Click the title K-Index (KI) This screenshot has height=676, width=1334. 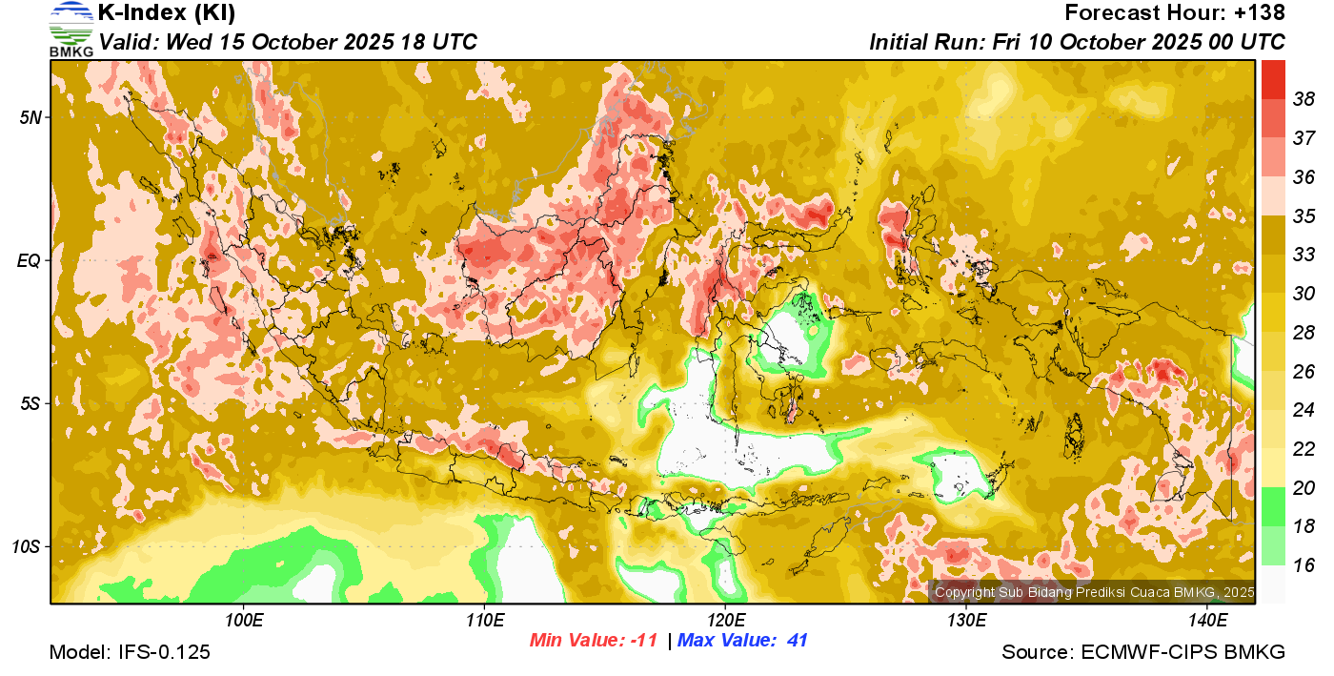[x=167, y=13]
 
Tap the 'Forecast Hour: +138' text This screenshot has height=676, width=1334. [x=1175, y=13]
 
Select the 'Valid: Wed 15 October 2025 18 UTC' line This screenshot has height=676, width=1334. [x=288, y=43]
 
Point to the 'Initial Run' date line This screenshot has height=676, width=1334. [x=1077, y=43]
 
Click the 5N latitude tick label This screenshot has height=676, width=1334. [x=30, y=117]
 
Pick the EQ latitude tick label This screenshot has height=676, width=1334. [x=30, y=260]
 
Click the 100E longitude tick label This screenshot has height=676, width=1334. [x=244, y=621]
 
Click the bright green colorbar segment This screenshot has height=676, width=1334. [x=1274, y=506]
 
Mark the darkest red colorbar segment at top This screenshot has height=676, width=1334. [x=1274, y=79]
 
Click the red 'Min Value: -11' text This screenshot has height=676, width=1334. [x=594, y=641]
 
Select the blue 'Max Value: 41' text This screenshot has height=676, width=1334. [x=742, y=641]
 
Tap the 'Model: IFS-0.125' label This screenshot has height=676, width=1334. [x=130, y=653]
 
